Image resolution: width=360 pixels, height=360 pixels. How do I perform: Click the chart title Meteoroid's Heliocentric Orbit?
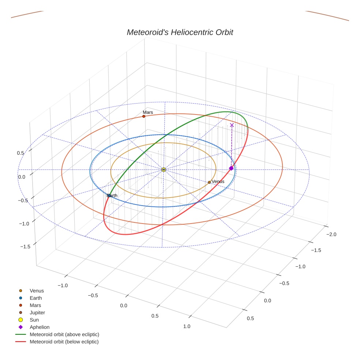click(x=180, y=32)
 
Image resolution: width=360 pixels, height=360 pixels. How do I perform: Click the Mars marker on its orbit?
click(x=144, y=116)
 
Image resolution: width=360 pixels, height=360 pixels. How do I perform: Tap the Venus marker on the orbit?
click(x=209, y=182)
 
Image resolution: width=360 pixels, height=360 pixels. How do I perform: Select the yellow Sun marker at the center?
click(x=164, y=169)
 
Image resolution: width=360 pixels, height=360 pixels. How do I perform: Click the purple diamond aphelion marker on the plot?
click(x=231, y=168)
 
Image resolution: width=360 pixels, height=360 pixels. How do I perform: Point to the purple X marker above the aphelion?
click(x=232, y=125)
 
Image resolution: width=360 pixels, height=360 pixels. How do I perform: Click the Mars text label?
click(x=148, y=112)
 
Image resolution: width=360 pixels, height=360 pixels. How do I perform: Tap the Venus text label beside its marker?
click(x=218, y=181)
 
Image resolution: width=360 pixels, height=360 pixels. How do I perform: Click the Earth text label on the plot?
click(x=112, y=196)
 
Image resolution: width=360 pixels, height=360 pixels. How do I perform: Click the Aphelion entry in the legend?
click(x=40, y=327)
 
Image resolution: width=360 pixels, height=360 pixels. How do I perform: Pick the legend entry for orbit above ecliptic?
click(x=64, y=334)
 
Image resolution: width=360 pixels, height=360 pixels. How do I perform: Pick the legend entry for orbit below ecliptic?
click(x=64, y=342)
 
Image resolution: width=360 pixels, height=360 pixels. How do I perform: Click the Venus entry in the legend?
click(x=37, y=291)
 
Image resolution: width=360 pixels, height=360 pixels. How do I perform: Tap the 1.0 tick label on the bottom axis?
click(x=187, y=326)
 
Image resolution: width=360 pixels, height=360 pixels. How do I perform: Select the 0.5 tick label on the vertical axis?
click(x=21, y=153)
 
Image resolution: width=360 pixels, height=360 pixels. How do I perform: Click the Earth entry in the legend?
click(x=35, y=298)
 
